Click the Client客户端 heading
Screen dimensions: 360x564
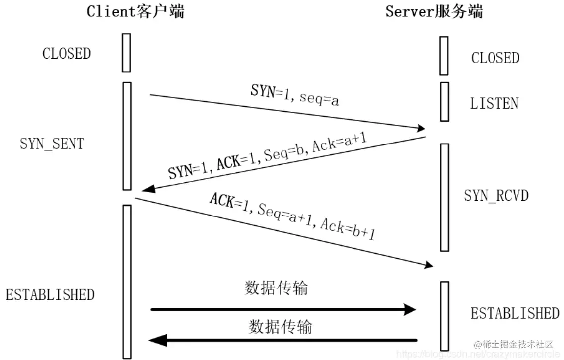click(135, 11)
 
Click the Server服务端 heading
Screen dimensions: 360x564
click(433, 11)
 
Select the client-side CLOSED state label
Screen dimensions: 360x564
click(67, 54)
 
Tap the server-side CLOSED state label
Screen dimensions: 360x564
click(494, 58)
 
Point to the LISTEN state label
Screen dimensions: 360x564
click(494, 104)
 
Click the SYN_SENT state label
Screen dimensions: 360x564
click(52, 144)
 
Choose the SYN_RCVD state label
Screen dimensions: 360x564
click(496, 195)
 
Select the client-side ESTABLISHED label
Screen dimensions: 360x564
click(50, 294)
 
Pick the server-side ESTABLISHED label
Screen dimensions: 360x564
click(514, 313)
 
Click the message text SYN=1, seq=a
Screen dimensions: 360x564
click(295, 96)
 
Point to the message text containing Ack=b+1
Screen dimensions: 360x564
click(292, 216)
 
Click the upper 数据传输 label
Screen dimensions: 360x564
click(276, 288)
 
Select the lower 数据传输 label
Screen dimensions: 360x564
click(281, 327)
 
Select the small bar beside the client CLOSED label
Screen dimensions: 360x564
click(126, 53)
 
